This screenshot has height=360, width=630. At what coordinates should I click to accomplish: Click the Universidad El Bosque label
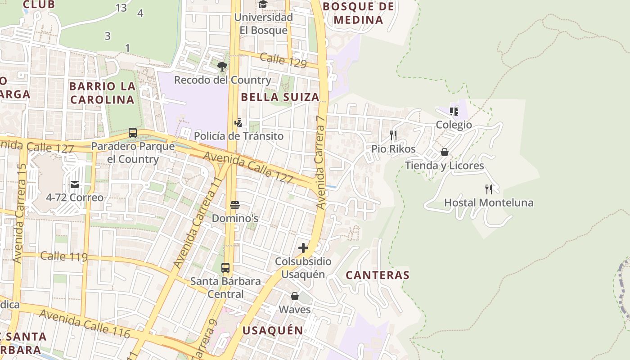[x=263, y=24]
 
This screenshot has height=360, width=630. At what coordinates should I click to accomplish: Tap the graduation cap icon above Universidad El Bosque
[x=263, y=4]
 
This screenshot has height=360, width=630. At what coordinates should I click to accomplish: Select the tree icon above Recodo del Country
[x=222, y=67]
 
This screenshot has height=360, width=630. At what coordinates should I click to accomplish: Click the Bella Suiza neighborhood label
[x=280, y=97]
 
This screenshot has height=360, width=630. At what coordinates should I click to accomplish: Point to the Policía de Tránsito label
[x=238, y=136]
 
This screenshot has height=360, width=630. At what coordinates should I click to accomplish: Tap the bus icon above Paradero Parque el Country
[x=133, y=133]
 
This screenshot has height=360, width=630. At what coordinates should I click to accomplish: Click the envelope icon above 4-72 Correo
[x=75, y=184]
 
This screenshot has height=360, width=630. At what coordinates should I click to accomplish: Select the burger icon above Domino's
[x=234, y=206]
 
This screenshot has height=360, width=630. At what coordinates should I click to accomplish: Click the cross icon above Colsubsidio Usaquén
[x=303, y=248]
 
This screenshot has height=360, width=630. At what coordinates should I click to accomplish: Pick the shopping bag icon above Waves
[x=295, y=296]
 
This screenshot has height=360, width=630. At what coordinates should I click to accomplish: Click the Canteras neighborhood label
[x=378, y=275]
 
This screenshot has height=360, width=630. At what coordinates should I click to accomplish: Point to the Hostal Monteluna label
[x=489, y=202]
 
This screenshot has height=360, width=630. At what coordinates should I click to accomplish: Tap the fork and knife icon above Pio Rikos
[x=393, y=135]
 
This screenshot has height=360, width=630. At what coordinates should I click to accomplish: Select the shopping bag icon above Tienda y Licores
[x=445, y=152]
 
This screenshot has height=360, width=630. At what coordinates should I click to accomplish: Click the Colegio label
[x=454, y=125]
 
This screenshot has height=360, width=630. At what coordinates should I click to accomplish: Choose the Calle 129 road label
[x=283, y=60]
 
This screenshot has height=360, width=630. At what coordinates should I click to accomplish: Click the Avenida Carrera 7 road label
[x=320, y=162]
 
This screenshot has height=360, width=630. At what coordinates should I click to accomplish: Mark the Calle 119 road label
[x=63, y=256]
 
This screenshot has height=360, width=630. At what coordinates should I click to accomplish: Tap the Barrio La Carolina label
[x=102, y=93]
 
